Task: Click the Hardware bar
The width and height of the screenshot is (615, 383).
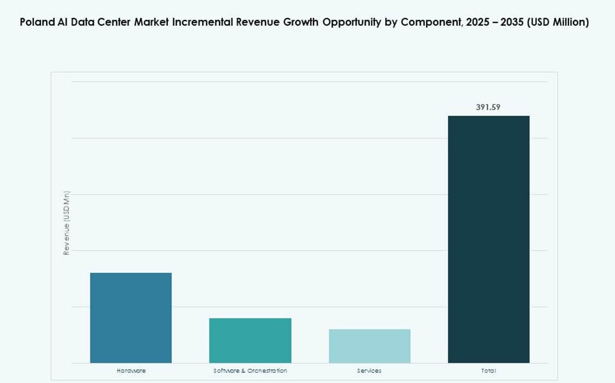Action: tap(131, 317)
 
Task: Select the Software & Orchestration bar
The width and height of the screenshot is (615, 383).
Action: tap(250, 340)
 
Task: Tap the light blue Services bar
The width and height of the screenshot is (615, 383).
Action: tap(369, 346)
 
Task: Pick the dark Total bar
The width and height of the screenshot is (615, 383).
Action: tap(489, 239)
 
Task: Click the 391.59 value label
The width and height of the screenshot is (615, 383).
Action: tap(488, 107)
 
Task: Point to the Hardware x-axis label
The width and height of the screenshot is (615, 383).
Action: tap(131, 371)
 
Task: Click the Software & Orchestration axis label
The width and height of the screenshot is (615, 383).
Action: tap(250, 371)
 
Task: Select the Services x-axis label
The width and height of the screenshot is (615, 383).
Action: tap(369, 371)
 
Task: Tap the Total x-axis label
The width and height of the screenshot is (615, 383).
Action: tap(489, 371)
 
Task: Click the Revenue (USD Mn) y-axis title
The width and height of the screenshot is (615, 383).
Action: tap(67, 223)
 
